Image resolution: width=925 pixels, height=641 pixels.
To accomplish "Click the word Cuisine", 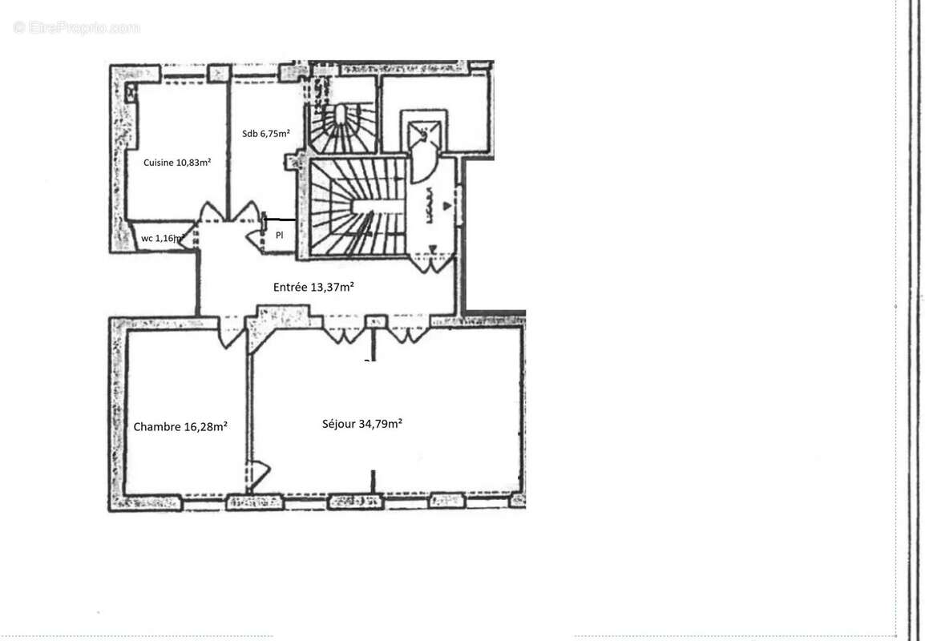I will [159, 162].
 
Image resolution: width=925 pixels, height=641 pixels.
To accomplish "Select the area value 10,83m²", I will [193, 162].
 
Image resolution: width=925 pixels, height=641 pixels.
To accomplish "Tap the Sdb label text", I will [250, 134].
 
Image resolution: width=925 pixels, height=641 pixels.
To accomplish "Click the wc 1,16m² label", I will [164, 238].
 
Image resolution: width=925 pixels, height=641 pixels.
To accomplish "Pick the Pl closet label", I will [279, 236].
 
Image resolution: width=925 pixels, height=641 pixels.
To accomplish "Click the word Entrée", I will [290, 287].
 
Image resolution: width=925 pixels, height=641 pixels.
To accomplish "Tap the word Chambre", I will [157, 427].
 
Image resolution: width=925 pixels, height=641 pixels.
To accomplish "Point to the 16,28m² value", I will [206, 427].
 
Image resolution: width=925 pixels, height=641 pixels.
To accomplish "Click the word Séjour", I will [340, 425].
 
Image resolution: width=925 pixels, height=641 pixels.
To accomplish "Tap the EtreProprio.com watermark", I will [77, 28].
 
